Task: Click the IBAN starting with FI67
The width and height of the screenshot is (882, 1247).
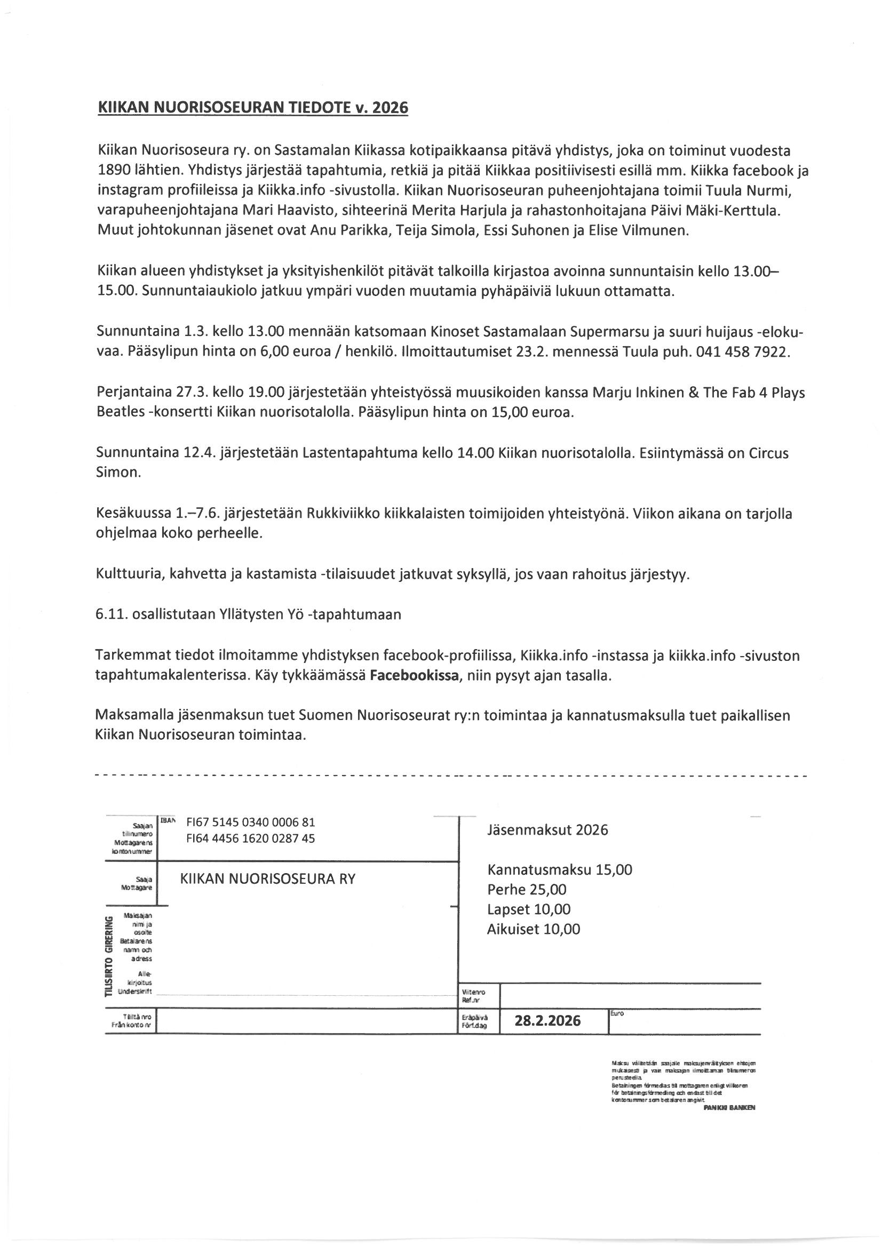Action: (x=251, y=822)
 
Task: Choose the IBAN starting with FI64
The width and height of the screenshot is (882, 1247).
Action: (x=251, y=838)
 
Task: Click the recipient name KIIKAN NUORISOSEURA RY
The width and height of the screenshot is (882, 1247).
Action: (x=267, y=879)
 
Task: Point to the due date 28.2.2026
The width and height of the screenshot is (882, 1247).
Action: (x=547, y=1020)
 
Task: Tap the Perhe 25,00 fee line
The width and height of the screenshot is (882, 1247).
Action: (x=527, y=890)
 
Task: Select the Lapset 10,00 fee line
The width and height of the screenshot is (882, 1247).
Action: (x=529, y=909)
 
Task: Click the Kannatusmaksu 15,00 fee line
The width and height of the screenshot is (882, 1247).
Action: (x=560, y=869)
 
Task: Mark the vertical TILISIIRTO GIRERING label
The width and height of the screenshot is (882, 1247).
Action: (x=109, y=956)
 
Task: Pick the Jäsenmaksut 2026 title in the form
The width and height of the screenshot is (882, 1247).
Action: (x=547, y=830)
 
